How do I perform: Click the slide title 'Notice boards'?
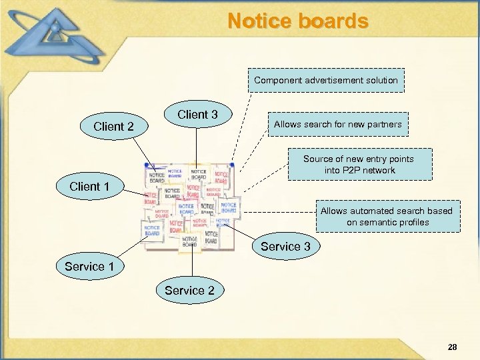click(x=297, y=21)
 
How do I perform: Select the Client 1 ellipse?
click(x=89, y=187)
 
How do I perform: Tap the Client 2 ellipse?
click(x=113, y=126)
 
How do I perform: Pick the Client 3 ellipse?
click(x=197, y=115)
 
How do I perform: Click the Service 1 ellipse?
click(x=89, y=267)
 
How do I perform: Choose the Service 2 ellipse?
click(x=189, y=290)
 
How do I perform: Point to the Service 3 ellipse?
click(x=285, y=247)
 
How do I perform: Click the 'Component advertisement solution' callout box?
click(x=326, y=80)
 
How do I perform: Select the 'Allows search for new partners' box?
click(x=337, y=124)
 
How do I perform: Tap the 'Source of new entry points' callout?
click(x=359, y=164)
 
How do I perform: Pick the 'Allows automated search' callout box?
click(x=387, y=216)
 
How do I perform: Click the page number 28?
click(x=453, y=347)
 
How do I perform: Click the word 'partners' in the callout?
click(x=384, y=124)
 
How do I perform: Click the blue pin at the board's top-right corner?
click(x=231, y=164)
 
